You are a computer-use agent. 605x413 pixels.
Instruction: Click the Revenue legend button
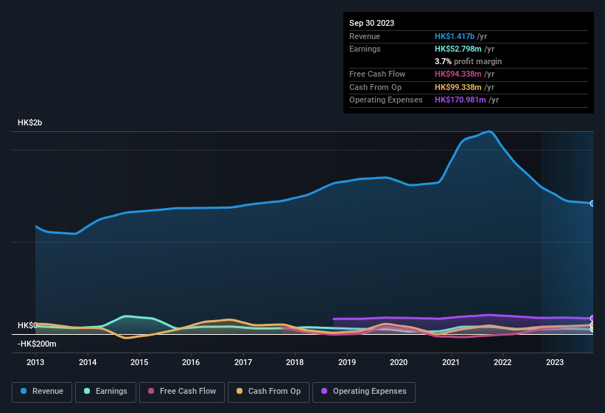coord(42,391)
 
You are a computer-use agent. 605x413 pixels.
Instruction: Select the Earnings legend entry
coord(106,391)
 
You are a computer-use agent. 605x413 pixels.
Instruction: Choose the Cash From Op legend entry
coord(268,391)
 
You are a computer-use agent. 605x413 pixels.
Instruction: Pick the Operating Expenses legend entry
coord(364,391)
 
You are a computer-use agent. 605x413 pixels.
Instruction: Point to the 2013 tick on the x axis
coord(35,362)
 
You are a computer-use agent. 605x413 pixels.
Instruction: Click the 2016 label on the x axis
coord(191,362)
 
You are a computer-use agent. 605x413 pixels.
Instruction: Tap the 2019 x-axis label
coord(346,362)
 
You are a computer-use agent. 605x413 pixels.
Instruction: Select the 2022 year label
coord(502,362)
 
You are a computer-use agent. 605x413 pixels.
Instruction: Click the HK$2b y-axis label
coord(30,122)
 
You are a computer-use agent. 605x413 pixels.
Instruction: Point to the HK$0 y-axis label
coord(27,325)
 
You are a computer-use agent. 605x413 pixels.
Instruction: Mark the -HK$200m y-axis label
coord(36,344)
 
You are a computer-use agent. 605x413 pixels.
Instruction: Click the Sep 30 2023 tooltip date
coord(371,23)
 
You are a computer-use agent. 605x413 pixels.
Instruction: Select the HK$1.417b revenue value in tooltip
coord(455,36)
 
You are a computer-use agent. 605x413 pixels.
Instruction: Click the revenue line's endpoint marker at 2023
coord(592,204)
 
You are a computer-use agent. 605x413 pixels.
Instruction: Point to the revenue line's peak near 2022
coord(489,131)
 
